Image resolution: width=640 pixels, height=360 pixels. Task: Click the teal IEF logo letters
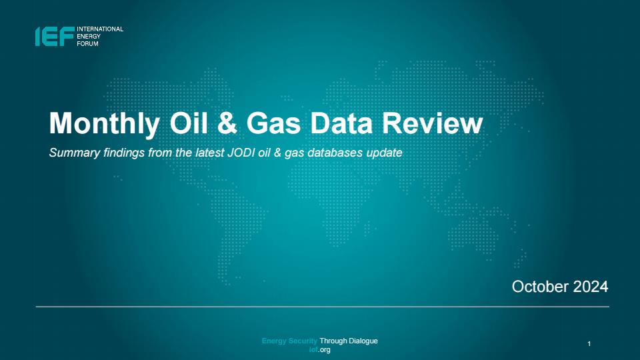(x=55, y=36)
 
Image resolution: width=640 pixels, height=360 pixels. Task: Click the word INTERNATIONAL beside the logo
(x=100, y=29)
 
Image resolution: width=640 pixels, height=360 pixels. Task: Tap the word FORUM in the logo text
(x=88, y=44)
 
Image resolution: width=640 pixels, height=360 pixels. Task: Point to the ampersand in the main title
(x=227, y=123)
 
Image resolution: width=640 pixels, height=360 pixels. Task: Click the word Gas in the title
(x=273, y=123)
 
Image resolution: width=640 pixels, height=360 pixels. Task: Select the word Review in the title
(x=433, y=123)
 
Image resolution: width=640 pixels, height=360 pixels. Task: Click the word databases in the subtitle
(x=335, y=153)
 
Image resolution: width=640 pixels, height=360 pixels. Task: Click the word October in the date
(x=541, y=287)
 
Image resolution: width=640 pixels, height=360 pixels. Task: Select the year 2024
(x=591, y=287)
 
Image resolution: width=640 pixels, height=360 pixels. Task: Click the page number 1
(x=589, y=344)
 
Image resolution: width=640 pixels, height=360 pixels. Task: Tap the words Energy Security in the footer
(x=289, y=341)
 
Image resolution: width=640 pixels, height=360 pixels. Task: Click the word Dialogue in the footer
(x=363, y=341)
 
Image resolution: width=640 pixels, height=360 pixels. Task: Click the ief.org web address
(x=319, y=350)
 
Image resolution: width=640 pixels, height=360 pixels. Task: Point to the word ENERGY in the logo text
(x=89, y=36)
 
